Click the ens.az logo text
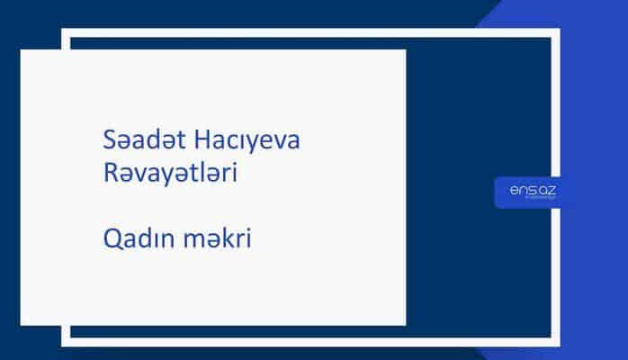530,189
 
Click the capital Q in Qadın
112,239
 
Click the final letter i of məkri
247,239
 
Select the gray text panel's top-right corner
405,50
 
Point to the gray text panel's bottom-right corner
405,325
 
